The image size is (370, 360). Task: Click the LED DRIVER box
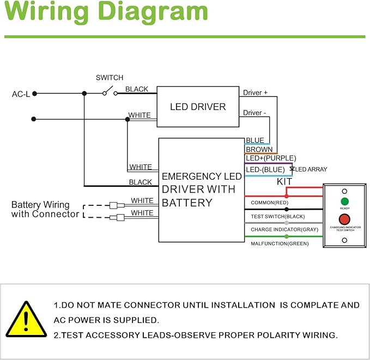pos(198,107)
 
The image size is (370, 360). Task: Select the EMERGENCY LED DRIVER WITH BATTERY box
pos(201,190)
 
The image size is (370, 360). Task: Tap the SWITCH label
pos(110,78)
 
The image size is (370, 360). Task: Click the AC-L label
pos(21,94)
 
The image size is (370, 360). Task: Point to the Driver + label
pos(255,93)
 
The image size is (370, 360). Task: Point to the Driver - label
pos(254,113)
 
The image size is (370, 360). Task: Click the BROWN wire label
pos(259,149)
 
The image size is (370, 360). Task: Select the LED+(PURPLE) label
pos(271,158)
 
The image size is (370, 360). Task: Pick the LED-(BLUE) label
pos(265,169)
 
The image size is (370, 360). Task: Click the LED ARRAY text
pos(311,169)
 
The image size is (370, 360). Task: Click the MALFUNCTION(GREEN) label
pos(280,243)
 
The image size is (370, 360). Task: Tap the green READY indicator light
pos(344,202)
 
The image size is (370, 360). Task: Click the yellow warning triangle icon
pos(26,319)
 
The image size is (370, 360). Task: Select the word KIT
pos(284,181)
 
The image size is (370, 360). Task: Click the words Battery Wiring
pos(40,205)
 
